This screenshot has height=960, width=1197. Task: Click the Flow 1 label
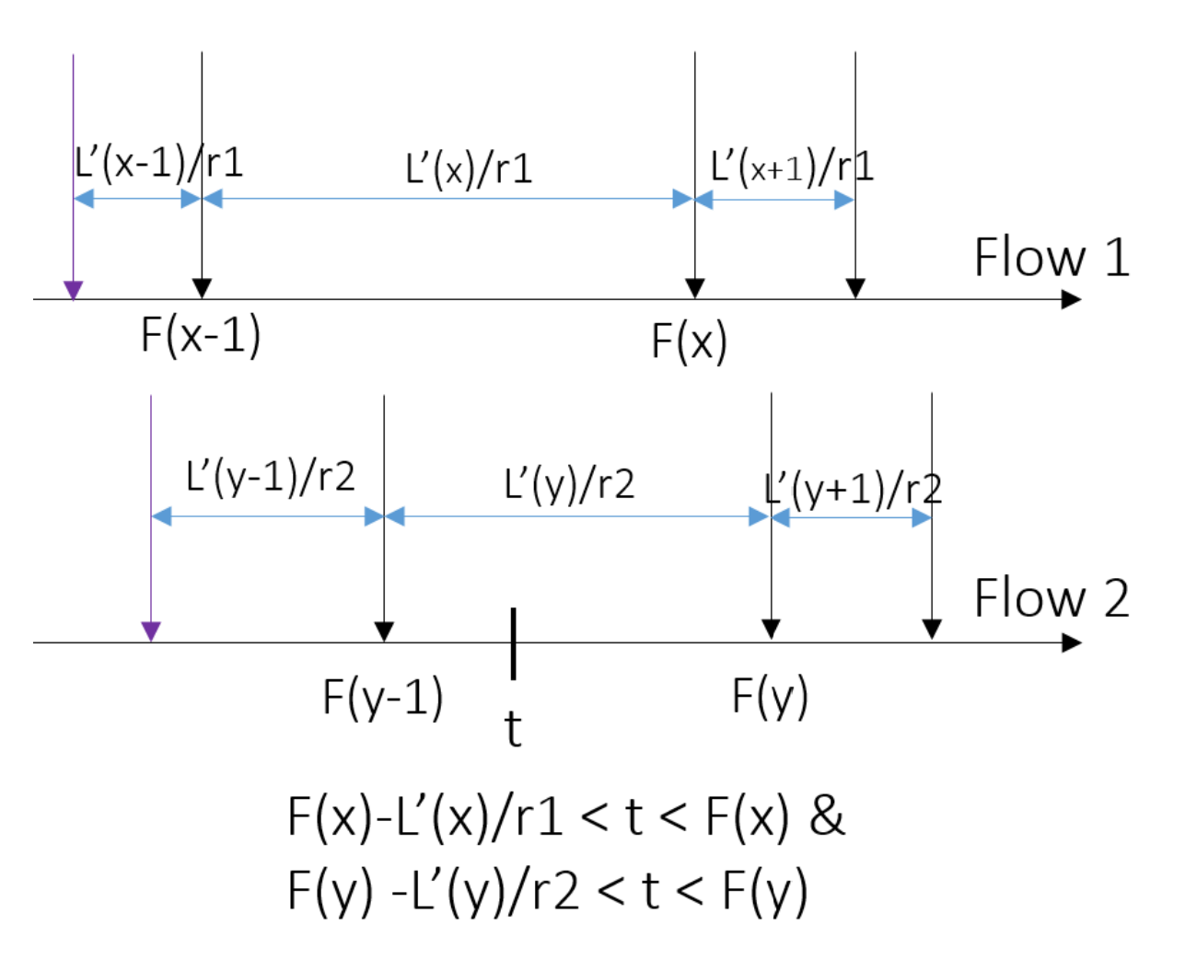(x=1051, y=257)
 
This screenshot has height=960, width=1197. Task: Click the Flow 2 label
(x=1051, y=598)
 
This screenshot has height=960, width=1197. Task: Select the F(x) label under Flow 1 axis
(x=689, y=341)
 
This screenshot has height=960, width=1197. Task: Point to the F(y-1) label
(x=382, y=697)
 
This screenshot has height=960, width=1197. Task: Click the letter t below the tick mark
(x=513, y=729)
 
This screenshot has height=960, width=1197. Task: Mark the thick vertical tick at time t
(x=513, y=642)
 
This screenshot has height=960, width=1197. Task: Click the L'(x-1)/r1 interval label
(x=158, y=163)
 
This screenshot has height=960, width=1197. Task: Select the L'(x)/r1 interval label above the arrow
(x=469, y=168)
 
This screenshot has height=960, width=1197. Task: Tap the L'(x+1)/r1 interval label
(x=792, y=167)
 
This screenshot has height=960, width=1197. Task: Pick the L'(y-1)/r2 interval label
(x=270, y=477)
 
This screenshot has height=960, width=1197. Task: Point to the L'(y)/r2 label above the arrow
(x=569, y=483)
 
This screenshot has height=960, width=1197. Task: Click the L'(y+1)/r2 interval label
(x=853, y=489)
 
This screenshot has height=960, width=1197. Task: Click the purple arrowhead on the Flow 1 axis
(x=74, y=290)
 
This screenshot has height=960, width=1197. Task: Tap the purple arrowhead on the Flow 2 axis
(x=151, y=631)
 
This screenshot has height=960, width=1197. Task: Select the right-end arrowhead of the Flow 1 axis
(x=1071, y=299)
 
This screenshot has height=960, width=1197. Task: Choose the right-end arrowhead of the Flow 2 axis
(x=1071, y=642)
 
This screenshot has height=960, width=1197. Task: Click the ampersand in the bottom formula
(x=827, y=815)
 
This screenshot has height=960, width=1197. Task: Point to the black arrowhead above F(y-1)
(x=384, y=631)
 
